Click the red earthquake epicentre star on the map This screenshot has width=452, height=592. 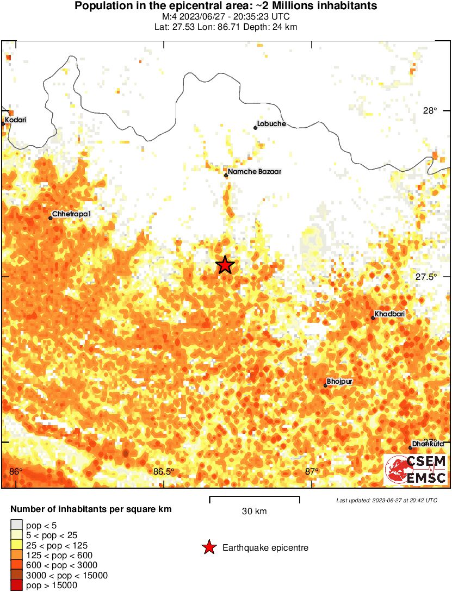(x=225, y=265)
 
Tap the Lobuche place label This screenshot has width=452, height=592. (x=271, y=124)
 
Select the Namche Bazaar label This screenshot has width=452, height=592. (x=255, y=172)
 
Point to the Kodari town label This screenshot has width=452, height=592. (x=15, y=120)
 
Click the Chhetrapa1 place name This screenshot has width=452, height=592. (x=71, y=214)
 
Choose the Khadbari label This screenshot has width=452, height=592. (x=389, y=314)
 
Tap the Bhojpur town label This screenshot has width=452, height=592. (x=340, y=382)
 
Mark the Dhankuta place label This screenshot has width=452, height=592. (x=428, y=444)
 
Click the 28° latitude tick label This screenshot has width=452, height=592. (x=430, y=111)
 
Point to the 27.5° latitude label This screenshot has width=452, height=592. (x=426, y=277)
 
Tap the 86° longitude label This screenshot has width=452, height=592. (x=16, y=471)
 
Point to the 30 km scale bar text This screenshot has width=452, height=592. (x=254, y=512)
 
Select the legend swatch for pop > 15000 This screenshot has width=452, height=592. (x=16, y=585)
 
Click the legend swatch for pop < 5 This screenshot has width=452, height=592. (x=16, y=525)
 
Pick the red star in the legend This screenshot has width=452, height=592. (x=209, y=547)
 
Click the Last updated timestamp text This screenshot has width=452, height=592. (x=386, y=500)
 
